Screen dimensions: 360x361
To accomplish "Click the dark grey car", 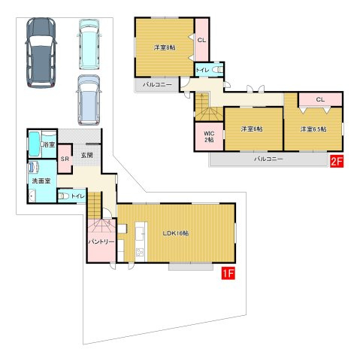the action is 41,53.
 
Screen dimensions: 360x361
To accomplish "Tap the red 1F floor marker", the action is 228,274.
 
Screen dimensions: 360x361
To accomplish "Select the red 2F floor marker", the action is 337,161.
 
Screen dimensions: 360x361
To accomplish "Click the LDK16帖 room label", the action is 176,233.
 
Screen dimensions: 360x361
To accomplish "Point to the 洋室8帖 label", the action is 165,47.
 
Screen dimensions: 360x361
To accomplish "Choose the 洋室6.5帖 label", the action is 313,129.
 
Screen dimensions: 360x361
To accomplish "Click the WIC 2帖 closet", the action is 209,137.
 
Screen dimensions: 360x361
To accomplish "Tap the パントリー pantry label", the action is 101,242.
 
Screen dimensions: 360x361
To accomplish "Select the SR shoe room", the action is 65,159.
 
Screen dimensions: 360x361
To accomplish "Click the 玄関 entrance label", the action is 87,155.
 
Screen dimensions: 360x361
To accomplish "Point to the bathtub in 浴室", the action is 35,144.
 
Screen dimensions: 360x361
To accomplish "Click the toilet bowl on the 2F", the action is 217,70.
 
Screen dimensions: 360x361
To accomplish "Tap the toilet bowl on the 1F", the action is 63,196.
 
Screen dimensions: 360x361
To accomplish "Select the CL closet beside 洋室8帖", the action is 201,40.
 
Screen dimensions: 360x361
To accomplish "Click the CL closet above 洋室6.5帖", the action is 320,99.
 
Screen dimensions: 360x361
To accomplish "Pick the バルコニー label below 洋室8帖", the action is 157,85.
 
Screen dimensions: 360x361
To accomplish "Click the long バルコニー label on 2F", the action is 268,159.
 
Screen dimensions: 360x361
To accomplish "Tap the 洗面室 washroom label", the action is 41,180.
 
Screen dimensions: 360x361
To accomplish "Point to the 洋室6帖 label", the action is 252,129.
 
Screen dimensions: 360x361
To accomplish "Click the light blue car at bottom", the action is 89,100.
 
